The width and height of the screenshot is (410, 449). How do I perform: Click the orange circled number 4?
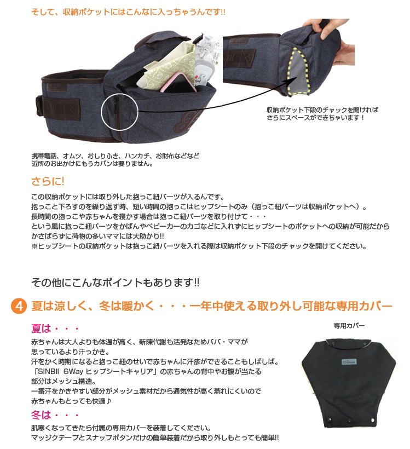pos(19,306)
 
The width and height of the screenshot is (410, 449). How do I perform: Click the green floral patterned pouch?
pos(166,65)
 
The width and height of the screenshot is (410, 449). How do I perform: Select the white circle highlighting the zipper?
pos(120,112)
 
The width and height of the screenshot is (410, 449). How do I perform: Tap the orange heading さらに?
pos(48,181)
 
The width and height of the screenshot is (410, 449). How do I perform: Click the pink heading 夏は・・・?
pos(55,329)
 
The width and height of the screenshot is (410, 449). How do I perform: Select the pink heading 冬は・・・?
pos(55,415)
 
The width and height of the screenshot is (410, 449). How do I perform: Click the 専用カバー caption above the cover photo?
pos(349,326)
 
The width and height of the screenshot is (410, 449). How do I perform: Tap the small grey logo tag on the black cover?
pos(349,361)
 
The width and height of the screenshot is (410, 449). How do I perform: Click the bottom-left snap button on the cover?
pos(330,420)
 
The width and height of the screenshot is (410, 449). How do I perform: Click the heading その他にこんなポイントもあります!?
pos(115,283)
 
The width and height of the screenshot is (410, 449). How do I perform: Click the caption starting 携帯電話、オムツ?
pos(115,160)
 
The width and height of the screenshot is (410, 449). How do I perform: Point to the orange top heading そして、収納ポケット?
pos(128,12)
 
